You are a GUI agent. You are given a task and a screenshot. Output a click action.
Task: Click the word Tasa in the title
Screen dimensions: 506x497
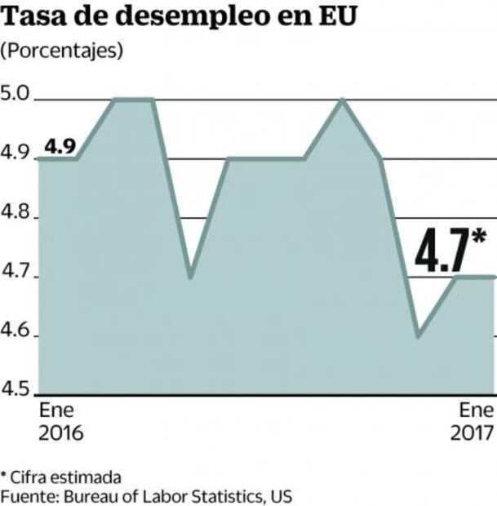pos(38,18)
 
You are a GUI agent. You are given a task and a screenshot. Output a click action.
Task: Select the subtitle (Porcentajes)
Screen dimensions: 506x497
pos(62,51)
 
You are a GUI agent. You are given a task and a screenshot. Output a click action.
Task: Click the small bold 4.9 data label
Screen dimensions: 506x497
pos(59,146)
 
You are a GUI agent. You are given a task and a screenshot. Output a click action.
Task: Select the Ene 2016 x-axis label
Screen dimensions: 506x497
pos(60,421)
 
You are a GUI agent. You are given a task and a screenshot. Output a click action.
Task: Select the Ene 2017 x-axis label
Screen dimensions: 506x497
pos(473,421)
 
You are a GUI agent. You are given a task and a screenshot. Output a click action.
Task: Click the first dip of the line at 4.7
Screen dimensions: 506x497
pos(189,277)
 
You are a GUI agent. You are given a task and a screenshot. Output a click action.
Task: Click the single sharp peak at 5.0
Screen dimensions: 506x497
pos(342,100)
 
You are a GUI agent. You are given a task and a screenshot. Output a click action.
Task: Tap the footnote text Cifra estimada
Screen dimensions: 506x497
pos(65,477)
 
